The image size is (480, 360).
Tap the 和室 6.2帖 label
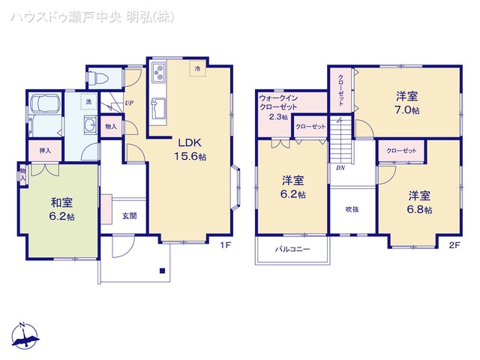point(62,208)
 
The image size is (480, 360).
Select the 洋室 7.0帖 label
point(407,102)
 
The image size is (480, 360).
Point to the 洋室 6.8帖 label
point(419,202)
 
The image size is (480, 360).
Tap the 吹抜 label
point(352,209)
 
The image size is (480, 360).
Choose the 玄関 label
point(128,216)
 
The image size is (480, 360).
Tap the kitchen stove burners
point(159,73)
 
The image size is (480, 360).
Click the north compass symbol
point(24,336)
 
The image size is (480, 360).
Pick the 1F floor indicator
point(224,245)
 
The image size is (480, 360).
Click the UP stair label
point(129,103)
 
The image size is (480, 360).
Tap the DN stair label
point(340,168)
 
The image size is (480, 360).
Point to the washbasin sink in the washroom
point(90,126)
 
